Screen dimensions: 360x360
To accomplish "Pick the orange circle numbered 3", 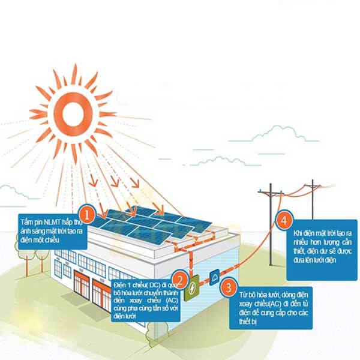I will point(227,287).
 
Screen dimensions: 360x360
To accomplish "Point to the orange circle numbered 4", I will point(283,221).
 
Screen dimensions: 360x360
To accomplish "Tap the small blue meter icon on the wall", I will point(215,277).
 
